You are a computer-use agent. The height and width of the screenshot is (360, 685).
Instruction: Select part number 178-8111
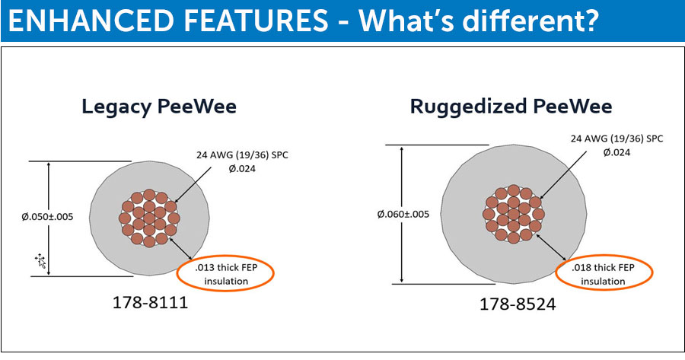tap(150, 302)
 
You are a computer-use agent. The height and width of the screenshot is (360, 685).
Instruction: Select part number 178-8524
tap(518, 304)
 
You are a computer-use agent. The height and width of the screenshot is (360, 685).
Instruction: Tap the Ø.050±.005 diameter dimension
tap(47, 217)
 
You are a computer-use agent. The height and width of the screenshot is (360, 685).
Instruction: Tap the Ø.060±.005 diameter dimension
tap(403, 214)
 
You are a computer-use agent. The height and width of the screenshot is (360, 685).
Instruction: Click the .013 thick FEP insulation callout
tap(226, 274)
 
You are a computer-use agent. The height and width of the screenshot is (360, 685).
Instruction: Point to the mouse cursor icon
tap(40, 260)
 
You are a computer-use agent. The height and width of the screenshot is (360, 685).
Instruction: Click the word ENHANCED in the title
tap(91, 21)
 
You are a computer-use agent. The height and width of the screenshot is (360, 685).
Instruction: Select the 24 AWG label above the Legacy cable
tap(242, 155)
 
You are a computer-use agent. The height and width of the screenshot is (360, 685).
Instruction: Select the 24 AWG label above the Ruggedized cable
tap(616, 139)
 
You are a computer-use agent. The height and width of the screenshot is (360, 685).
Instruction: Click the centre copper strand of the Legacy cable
tap(149, 218)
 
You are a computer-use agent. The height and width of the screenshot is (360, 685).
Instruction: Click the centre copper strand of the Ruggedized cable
tap(513, 214)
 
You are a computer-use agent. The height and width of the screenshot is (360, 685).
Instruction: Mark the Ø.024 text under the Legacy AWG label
tap(242, 169)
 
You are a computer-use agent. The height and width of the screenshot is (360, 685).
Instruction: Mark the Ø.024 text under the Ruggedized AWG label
tap(616, 152)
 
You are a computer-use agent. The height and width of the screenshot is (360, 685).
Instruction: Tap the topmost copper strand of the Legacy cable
tap(149, 195)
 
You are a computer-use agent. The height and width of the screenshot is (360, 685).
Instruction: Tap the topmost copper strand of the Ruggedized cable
tap(513, 191)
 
